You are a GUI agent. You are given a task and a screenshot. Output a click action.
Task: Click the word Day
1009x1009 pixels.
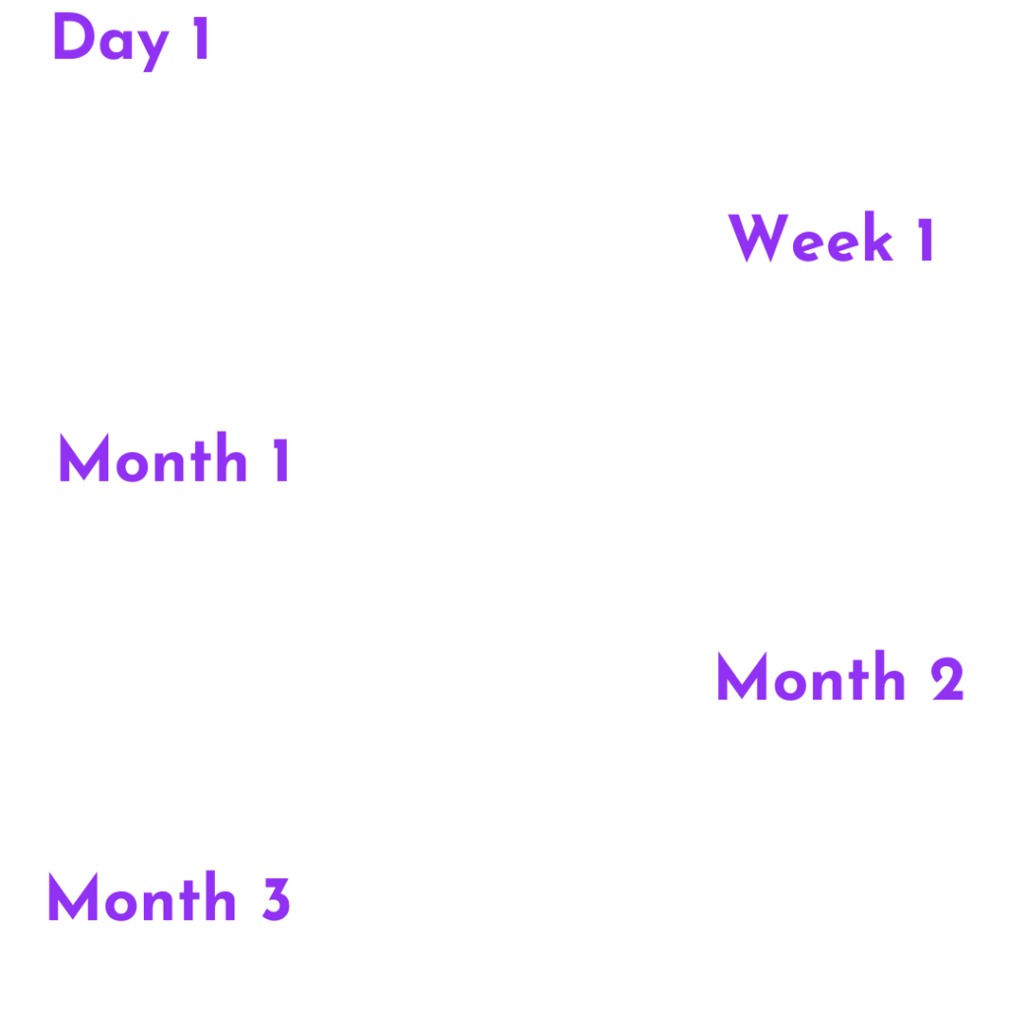pyautogui.click(x=111, y=41)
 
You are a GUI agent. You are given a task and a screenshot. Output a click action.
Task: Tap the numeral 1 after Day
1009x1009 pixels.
pyautogui.click(x=201, y=38)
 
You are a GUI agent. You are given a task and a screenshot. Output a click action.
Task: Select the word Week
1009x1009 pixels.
pyautogui.click(x=811, y=236)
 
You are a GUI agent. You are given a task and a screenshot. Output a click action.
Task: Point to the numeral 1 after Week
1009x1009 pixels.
pyautogui.click(x=926, y=239)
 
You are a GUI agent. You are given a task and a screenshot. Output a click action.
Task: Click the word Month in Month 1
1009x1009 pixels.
pyautogui.click(x=153, y=457)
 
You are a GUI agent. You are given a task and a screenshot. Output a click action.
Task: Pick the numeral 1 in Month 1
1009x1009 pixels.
pyautogui.click(x=281, y=460)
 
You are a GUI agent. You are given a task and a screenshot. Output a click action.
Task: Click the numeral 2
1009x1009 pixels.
pyautogui.click(x=947, y=679)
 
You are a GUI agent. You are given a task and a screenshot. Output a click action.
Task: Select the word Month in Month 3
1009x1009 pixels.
pyautogui.click(x=142, y=896)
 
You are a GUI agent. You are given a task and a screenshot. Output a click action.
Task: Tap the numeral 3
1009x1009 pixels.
pyautogui.click(x=277, y=900)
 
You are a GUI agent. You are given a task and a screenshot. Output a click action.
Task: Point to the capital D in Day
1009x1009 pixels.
pyautogui.click(x=74, y=36)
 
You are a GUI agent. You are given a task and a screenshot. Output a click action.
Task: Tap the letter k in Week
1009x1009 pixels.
pyautogui.click(x=878, y=235)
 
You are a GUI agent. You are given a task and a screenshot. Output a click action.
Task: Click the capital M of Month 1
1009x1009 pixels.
pyautogui.click(x=84, y=457)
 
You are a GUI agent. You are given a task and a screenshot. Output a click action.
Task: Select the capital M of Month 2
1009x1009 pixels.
pyautogui.click(x=742, y=676)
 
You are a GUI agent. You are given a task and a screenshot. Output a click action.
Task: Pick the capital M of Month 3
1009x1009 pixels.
pyautogui.click(x=73, y=897)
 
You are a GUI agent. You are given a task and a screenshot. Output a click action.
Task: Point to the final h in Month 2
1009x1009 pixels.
pyautogui.click(x=890, y=675)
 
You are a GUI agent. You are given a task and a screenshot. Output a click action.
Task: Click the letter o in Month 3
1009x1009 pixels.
pyautogui.click(x=121, y=905)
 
